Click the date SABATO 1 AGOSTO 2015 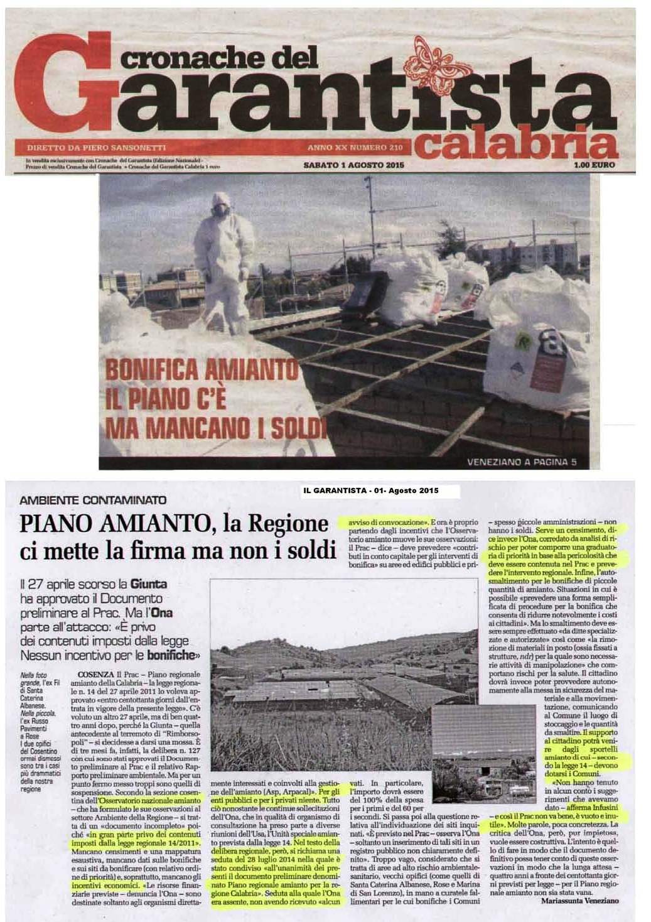point(352,165)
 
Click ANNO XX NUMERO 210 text point(354,148)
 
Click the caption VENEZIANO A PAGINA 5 point(522,464)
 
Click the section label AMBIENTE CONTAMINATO point(95,501)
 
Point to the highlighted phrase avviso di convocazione point(383,521)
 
